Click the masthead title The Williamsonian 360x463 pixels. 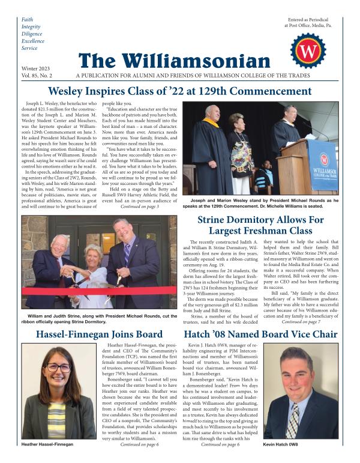(174, 61)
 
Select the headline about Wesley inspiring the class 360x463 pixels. (180, 92)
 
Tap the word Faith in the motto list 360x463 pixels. (28, 19)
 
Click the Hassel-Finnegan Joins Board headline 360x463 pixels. (91, 334)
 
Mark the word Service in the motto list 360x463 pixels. (29, 47)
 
